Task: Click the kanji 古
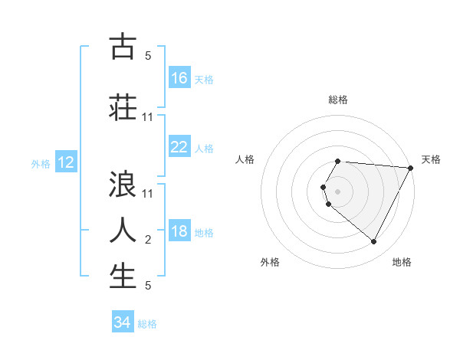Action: [x=123, y=47]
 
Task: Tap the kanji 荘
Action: [x=123, y=107]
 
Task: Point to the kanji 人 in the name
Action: [x=123, y=230]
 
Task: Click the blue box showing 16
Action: [x=179, y=78]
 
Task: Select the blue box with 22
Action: [x=179, y=147]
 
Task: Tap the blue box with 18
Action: [x=179, y=232]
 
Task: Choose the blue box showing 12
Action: [x=66, y=162]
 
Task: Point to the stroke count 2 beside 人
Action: [x=148, y=241]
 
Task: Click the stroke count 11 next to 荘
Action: [x=148, y=117]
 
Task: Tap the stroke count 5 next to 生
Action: [x=148, y=286]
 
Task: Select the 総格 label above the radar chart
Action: [x=338, y=100]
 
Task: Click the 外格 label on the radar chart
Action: [x=270, y=262]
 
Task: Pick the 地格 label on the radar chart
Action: [x=402, y=262]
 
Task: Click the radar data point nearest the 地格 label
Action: [x=374, y=241]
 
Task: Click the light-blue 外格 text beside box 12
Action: [x=41, y=163]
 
